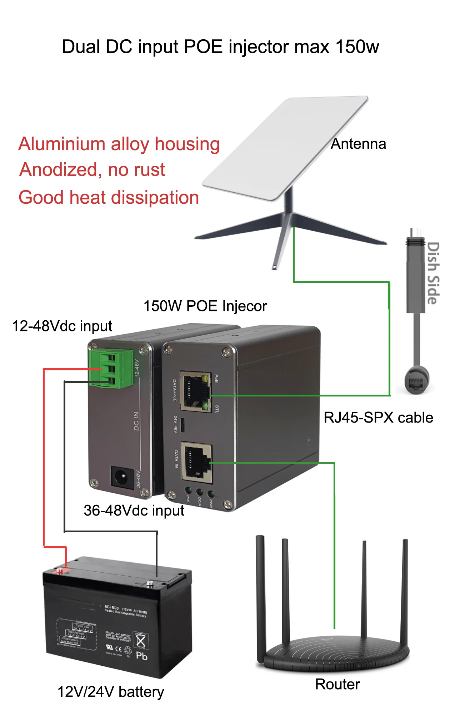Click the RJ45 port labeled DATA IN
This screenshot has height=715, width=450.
(x=196, y=461)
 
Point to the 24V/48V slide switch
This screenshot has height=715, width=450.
(x=182, y=424)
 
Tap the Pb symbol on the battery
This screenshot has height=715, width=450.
(x=142, y=656)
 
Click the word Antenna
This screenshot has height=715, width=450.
(x=358, y=144)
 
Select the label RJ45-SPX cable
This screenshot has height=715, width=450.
(x=378, y=418)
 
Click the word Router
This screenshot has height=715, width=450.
(x=337, y=684)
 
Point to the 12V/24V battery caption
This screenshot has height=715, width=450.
(x=111, y=692)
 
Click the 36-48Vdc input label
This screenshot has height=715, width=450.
(x=134, y=511)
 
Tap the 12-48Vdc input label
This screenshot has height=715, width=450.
(x=62, y=326)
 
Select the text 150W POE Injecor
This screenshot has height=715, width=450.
(x=205, y=306)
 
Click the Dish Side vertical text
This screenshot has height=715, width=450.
(x=433, y=273)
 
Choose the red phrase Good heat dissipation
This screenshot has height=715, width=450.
(x=109, y=197)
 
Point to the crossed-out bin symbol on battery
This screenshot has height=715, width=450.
(x=141, y=640)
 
